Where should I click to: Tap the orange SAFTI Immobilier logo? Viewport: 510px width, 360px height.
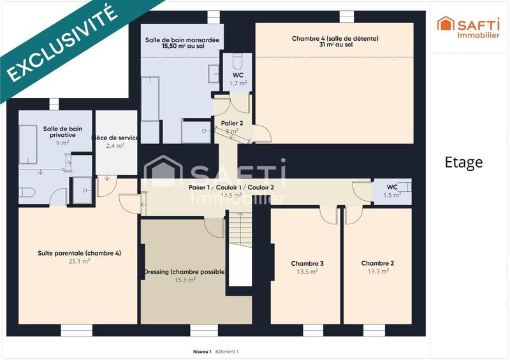[469, 27]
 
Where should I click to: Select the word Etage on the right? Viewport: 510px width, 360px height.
[463, 162]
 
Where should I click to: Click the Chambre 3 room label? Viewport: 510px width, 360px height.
[307, 263]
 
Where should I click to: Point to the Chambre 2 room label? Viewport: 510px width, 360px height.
[377, 263]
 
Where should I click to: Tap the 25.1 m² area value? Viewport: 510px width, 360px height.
[80, 261]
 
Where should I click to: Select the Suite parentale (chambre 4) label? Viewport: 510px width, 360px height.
[80, 253]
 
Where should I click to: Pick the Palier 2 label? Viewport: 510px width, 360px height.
[232, 123]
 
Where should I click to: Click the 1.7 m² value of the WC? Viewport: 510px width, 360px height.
[238, 83]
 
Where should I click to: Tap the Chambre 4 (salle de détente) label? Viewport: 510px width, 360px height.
[335, 38]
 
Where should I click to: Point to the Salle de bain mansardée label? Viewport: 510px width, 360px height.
[182, 40]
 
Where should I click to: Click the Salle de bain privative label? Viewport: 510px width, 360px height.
[59, 131]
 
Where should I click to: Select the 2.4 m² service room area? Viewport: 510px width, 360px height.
[115, 146]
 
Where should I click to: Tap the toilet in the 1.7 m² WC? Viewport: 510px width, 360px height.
[238, 62]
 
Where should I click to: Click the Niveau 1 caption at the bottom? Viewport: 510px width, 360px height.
[202, 352]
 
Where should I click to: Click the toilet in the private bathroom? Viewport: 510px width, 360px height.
[27, 192]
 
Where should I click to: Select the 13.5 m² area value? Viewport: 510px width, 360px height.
[308, 271]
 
